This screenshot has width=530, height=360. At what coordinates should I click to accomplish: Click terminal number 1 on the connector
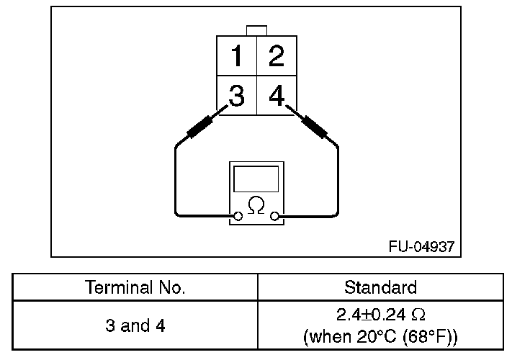pyautogui.click(x=236, y=56)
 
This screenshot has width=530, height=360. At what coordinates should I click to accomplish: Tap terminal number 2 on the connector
pyautogui.click(x=276, y=56)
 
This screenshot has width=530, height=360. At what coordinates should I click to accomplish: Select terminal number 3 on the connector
pyautogui.click(x=236, y=94)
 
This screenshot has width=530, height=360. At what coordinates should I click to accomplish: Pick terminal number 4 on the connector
pyautogui.click(x=276, y=94)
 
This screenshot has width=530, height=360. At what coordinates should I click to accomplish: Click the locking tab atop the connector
pyautogui.click(x=256, y=30)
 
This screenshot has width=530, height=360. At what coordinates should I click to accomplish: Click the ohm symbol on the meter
pyautogui.click(x=256, y=205)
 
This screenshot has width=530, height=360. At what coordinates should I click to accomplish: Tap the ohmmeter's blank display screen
pyautogui.click(x=256, y=178)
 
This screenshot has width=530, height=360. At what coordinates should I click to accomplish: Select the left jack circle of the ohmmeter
pyautogui.click(x=237, y=215)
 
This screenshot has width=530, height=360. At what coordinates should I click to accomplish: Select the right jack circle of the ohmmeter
pyautogui.click(x=274, y=215)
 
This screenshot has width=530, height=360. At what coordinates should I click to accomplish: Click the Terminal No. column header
pyautogui.click(x=135, y=288)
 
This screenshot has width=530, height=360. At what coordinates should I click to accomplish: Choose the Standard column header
pyautogui.click(x=380, y=288)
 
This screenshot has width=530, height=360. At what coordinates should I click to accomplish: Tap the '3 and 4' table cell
pyautogui.click(x=135, y=325)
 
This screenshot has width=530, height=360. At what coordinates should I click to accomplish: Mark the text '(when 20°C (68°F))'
pyautogui.click(x=380, y=336)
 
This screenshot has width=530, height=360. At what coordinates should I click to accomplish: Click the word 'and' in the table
pyautogui.click(x=135, y=325)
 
